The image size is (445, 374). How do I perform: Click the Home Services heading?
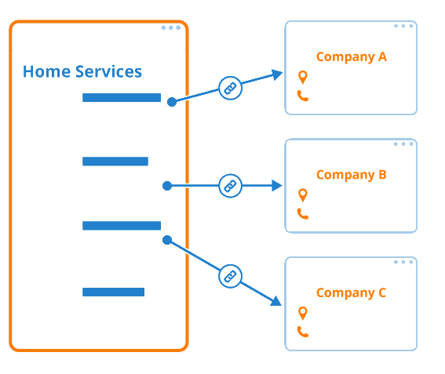coord(82,71)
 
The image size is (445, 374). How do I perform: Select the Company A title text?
coord(352,57)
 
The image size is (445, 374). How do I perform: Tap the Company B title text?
coord(352,175)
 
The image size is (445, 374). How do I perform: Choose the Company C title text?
coord(352,293)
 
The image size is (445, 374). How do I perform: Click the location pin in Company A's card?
coord(303,77)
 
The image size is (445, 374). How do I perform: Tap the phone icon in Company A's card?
coord(303,96)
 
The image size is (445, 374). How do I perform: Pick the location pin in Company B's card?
coord(303,195)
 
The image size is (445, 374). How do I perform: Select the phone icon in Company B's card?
coord(303,214)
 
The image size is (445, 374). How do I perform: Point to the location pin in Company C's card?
coord(303,313)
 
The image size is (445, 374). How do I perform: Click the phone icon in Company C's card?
coord(303,332)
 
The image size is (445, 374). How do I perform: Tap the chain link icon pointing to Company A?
coord(230,88)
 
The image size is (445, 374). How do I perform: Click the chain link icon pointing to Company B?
coord(230,186)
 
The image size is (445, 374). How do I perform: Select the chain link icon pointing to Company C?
coord(230,276)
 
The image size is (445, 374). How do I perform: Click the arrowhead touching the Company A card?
coord(277,74)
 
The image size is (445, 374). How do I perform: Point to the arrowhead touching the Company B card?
coord(277,186)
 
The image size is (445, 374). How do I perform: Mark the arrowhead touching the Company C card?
coord(276,301)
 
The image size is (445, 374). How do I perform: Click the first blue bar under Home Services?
coord(122,97)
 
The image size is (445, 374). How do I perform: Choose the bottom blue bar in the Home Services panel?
coord(113,292)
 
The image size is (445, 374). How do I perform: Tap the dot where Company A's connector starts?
coord(172,102)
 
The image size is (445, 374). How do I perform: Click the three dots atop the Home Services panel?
coord(171,27)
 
